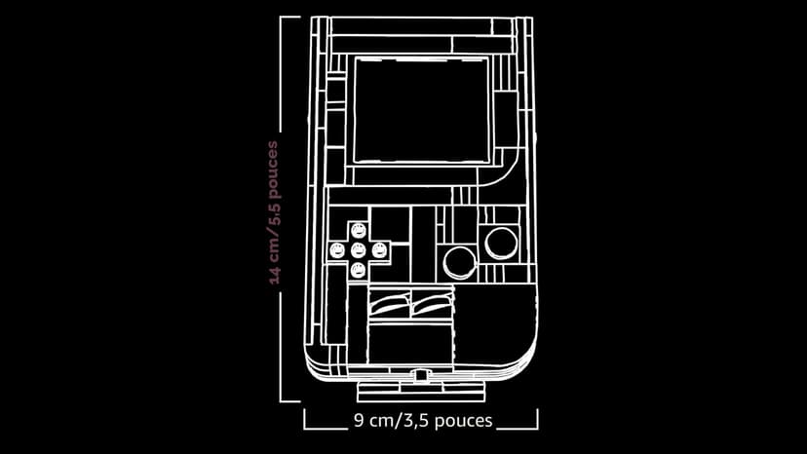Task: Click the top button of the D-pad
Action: (x=359, y=231)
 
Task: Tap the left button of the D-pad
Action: (x=337, y=250)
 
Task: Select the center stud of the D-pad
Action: (x=359, y=250)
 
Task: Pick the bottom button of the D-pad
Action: (x=359, y=270)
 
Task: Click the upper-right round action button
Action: (x=501, y=243)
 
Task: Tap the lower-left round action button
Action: (x=460, y=262)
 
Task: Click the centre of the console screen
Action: (x=421, y=110)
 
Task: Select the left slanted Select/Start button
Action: (x=390, y=303)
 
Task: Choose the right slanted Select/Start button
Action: (x=433, y=303)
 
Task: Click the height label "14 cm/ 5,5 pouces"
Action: (x=274, y=212)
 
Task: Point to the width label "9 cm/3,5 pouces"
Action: (x=423, y=421)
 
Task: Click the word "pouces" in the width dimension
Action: (x=464, y=421)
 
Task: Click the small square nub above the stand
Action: (x=421, y=376)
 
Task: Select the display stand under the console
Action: (x=421, y=392)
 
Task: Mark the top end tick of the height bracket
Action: (x=290, y=17)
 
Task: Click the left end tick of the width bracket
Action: (x=304, y=419)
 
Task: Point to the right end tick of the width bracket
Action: (x=538, y=419)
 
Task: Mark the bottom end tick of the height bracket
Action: (x=290, y=401)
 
